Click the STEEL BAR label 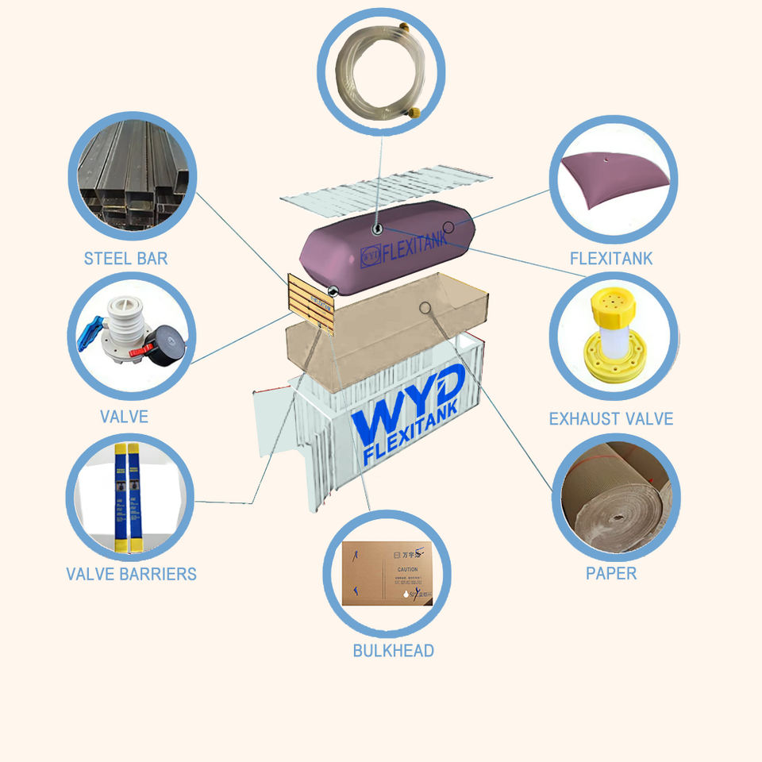point(125,259)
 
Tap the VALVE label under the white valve point(124,417)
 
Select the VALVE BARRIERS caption point(131,574)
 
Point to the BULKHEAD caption point(393,651)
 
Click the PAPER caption point(611,573)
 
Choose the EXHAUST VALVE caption point(611,418)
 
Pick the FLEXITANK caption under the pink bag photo point(611,259)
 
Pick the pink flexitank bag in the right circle point(611,181)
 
